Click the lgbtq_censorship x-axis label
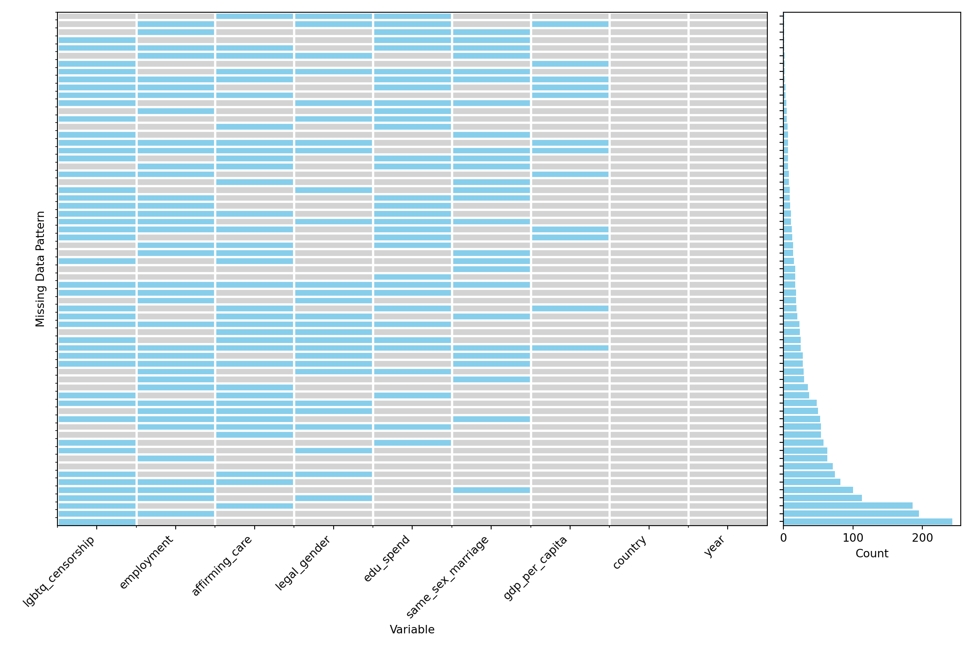[x=59, y=571]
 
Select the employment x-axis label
[x=147, y=562]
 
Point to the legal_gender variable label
[x=303, y=563]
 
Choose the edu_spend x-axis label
[x=387, y=558]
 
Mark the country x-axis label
[x=630, y=552]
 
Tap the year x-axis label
[x=715, y=546]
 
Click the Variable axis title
[x=412, y=630]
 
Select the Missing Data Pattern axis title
[x=40, y=269]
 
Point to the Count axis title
[x=872, y=554]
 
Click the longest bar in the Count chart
[x=867, y=521]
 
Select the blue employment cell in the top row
[x=176, y=24]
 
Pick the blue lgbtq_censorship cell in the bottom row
[x=97, y=521]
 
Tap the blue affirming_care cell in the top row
[x=255, y=16]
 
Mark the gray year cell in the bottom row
[x=728, y=521]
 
